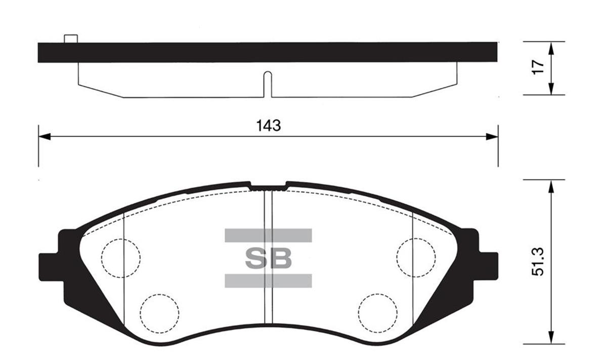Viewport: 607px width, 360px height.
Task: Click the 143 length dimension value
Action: pyautogui.click(x=268, y=125)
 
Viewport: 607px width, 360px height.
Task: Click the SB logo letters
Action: pyautogui.click(x=269, y=258)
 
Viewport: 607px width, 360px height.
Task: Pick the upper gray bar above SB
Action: pyautogui.click(x=268, y=235)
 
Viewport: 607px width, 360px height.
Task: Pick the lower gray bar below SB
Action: pyautogui.click(x=268, y=281)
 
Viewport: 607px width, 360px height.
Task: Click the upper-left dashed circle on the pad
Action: pyautogui.click(x=120, y=258)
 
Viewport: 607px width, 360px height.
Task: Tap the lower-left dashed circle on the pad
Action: pyautogui.click(x=160, y=313)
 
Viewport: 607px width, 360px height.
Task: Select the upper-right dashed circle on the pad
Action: pyautogui.click(x=416, y=257)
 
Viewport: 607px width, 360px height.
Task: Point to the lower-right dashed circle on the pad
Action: pyautogui.click(x=377, y=312)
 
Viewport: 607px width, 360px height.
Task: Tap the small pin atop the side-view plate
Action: pyautogui.click(x=71, y=39)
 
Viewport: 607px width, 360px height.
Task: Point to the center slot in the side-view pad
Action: pyautogui.click(x=268, y=84)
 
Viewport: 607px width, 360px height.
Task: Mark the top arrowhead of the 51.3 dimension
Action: pyautogui.click(x=551, y=187)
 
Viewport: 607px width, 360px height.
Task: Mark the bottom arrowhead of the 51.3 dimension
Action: pyautogui.click(x=551, y=338)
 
